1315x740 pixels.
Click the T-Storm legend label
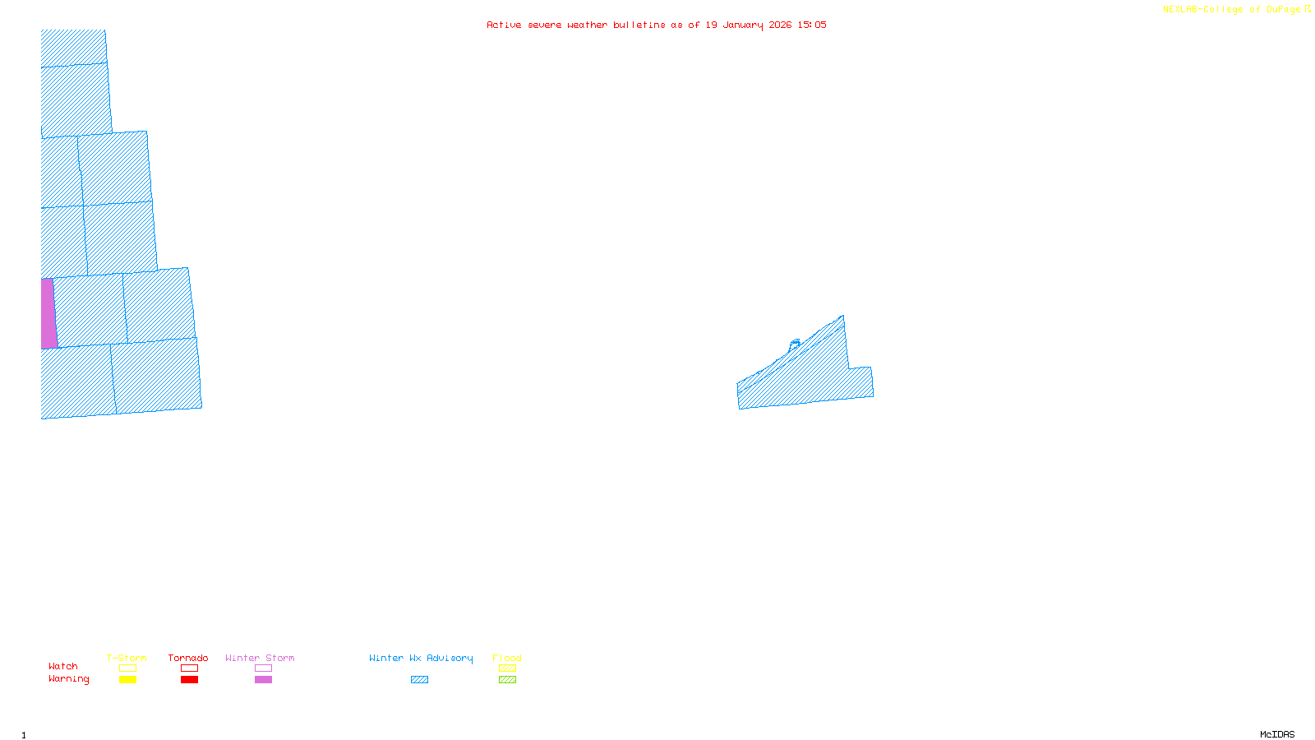point(127,658)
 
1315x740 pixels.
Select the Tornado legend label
point(188,658)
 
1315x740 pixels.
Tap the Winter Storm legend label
point(260,658)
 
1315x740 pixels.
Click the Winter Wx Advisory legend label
point(421,658)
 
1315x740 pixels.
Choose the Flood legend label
point(507,658)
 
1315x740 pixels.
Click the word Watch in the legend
point(63,666)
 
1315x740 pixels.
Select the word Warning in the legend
point(69,679)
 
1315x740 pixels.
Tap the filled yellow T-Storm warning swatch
point(127,680)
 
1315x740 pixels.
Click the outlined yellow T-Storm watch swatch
point(127,668)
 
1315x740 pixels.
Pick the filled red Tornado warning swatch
point(189,680)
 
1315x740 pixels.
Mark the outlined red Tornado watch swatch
point(189,668)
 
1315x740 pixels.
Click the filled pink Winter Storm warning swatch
point(263,680)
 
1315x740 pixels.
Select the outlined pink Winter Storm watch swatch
point(263,668)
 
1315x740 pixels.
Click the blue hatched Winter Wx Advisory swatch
point(419,680)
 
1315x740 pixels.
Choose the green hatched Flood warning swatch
point(507,680)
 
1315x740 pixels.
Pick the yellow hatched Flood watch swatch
point(507,668)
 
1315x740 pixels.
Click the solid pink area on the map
point(48,313)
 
